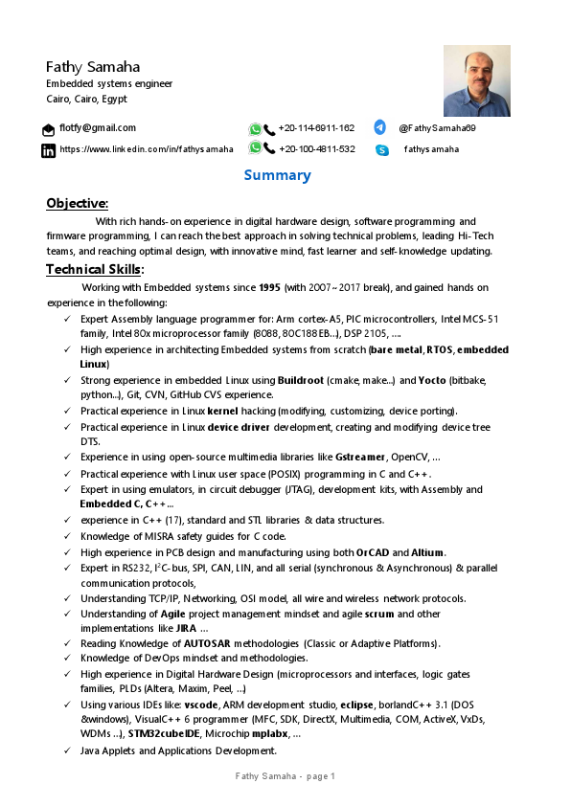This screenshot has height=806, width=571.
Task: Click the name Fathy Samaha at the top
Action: pyautogui.click(x=93, y=67)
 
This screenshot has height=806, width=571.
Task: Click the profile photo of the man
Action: pyautogui.click(x=476, y=81)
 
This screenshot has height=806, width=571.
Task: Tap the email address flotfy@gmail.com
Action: pyautogui.click(x=98, y=127)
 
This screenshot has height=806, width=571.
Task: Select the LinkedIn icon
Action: pyautogui.click(x=48, y=150)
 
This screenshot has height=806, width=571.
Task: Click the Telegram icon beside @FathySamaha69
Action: pyautogui.click(x=380, y=127)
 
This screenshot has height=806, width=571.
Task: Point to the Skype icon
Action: pyautogui.click(x=382, y=150)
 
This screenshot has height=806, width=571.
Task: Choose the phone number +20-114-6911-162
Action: pyautogui.click(x=316, y=127)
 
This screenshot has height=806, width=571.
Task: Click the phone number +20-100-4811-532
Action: pyautogui.click(x=316, y=149)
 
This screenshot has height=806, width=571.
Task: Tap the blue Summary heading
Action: pyautogui.click(x=277, y=175)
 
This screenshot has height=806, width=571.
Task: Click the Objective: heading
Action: pyautogui.click(x=78, y=203)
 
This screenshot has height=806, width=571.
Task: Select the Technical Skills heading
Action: pyautogui.click(x=94, y=269)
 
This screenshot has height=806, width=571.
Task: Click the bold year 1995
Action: pyautogui.click(x=269, y=287)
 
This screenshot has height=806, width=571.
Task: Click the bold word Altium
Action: pyautogui.click(x=427, y=551)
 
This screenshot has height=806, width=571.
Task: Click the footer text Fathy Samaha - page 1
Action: pyautogui.click(x=285, y=776)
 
